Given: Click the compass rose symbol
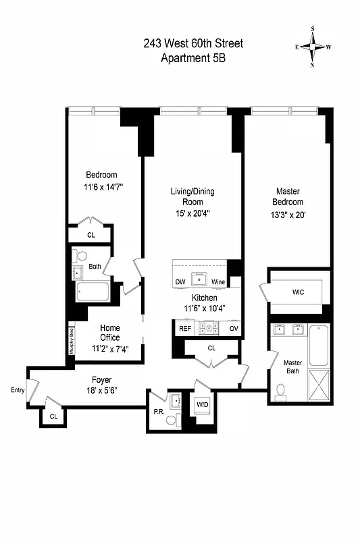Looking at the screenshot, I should pos(314,47).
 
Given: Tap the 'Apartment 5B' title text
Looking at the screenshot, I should pos(192,58).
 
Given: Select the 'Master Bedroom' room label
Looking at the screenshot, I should pos(288,196).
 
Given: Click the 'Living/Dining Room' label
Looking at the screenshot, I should pos(192,196).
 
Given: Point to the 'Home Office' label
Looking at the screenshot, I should pos(110,333).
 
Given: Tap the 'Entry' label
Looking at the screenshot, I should pos(18,390).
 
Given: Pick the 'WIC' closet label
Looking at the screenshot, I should pos(299,293).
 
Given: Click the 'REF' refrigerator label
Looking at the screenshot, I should pos(184,329).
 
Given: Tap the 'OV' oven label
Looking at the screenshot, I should pos(234,329).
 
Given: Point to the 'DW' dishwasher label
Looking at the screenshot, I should pos(180,281).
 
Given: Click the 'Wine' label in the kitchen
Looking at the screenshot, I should pos(217,281).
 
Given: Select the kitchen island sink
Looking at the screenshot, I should pos(199,279).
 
